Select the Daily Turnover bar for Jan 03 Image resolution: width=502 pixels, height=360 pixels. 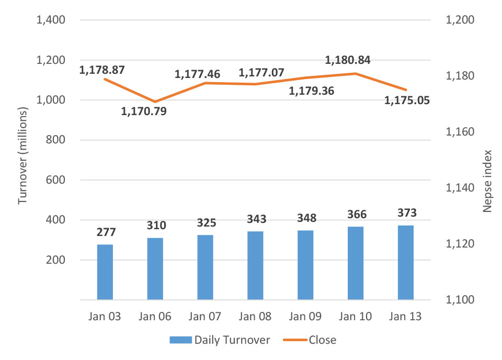pyautogui.click(x=105, y=272)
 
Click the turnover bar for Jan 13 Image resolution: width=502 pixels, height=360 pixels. pyautogui.click(x=405, y=263)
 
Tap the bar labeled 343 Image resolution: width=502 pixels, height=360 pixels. pyautogui.click(x=255, y=265)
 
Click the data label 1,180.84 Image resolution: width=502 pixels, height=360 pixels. pyautogui.click(x=348, y=60)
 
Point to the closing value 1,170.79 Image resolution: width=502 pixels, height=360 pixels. pyautogui.click(x=144, y=111)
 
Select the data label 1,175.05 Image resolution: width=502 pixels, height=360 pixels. pyautogui.click(x=407, y=100)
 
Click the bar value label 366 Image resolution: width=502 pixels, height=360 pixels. pyautogui.click(x=356, y=214)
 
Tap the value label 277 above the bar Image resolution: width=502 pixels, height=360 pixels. pyautogui.click(x=105, y=232)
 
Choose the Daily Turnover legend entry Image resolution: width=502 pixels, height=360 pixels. pyautogui.click(x=220, y=340)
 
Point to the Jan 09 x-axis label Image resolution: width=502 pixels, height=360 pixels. pyautogui.click(x=305, y=317)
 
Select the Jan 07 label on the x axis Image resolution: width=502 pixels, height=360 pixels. pyautogui.click(x=206, y=317)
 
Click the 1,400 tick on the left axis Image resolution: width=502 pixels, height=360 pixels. pyautogui.click(x=50, y=20)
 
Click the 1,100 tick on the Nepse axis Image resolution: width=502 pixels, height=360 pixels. pyautogui.click(x=459, y=300)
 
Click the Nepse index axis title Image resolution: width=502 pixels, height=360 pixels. pyautogui.click(x=487, y=181)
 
